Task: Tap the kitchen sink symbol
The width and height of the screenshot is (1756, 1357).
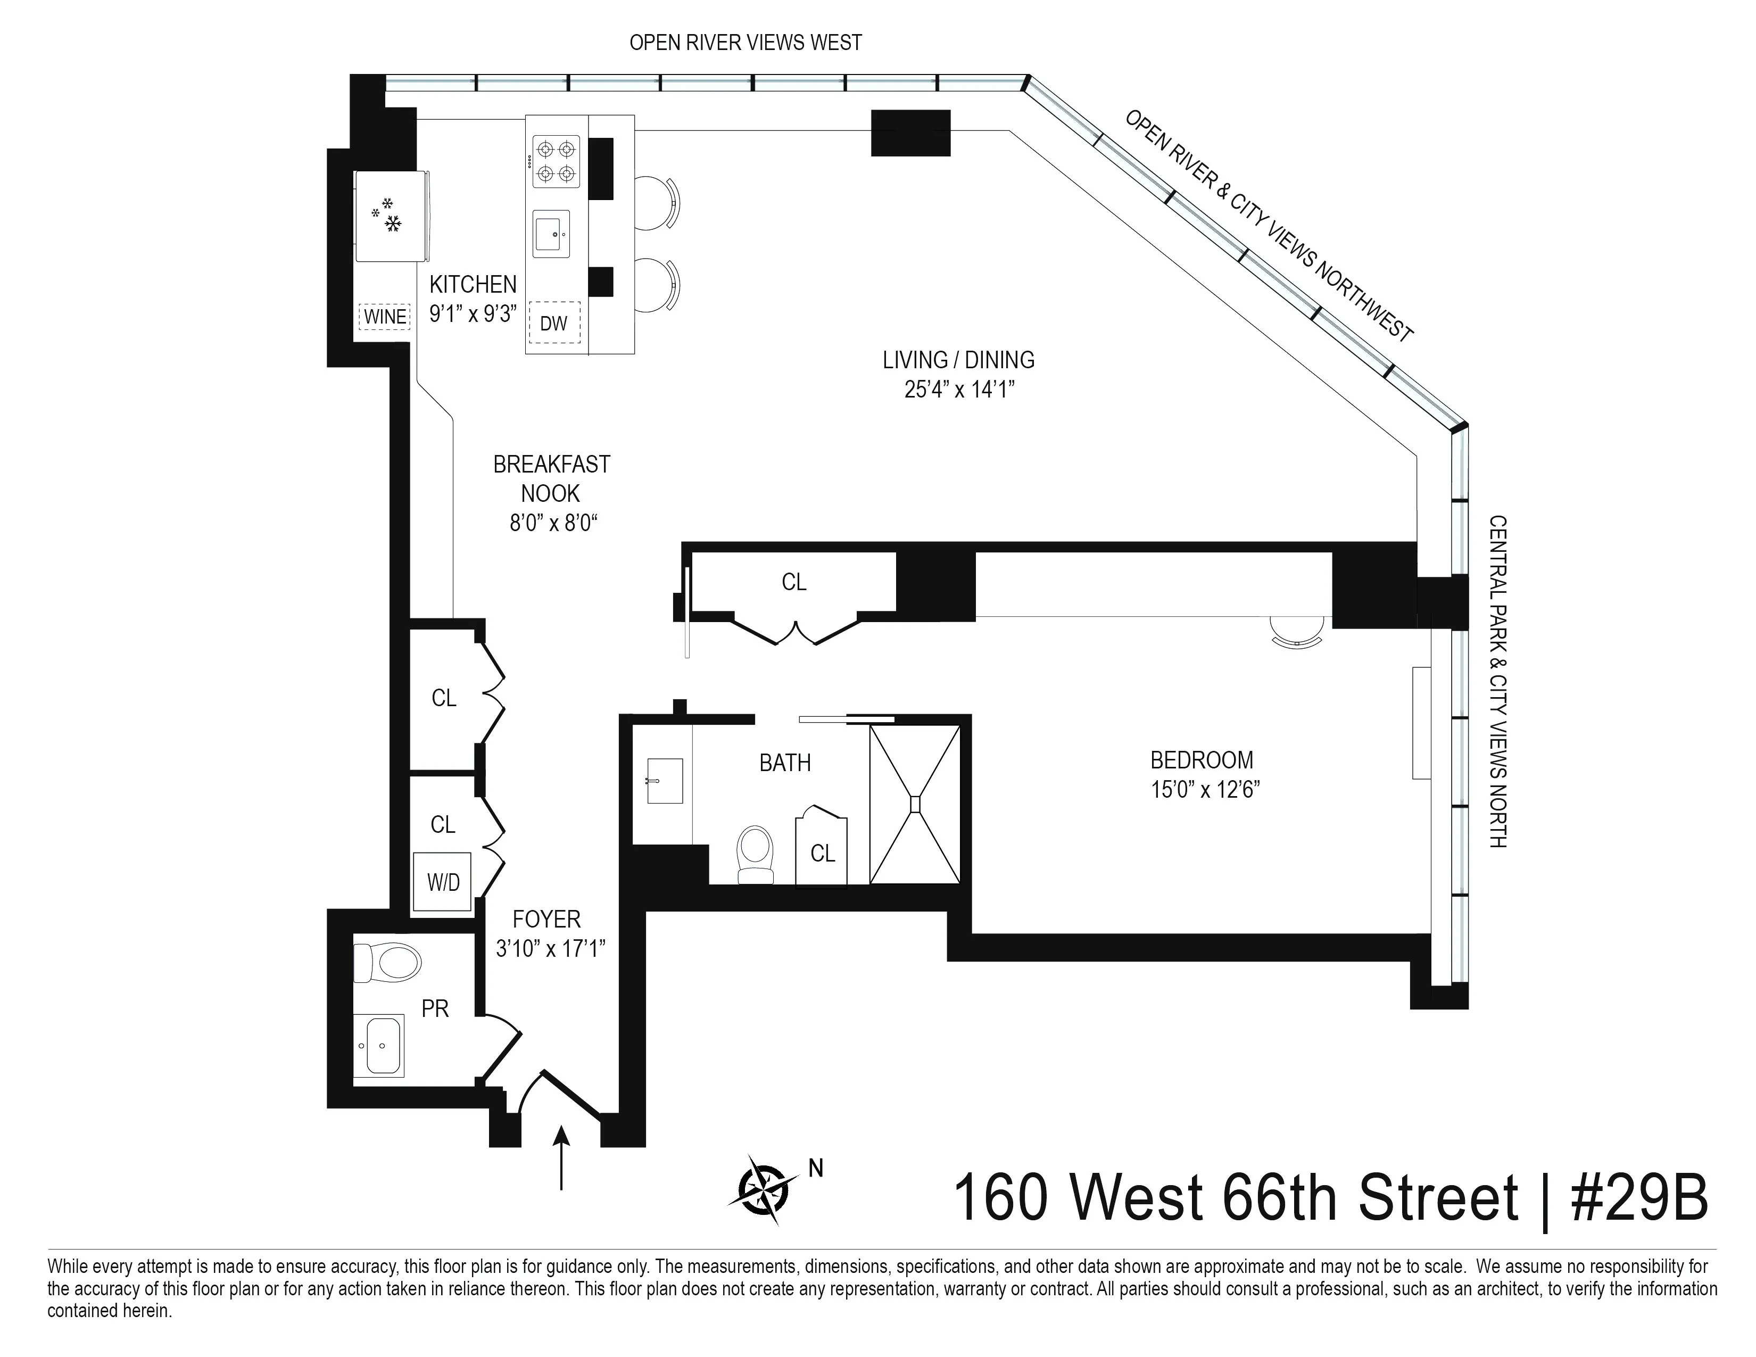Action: [551, 234]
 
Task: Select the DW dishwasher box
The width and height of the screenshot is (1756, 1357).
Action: [553, 323]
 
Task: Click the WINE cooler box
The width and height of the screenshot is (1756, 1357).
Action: [384, 317]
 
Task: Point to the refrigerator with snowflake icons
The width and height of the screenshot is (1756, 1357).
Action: [390, 216]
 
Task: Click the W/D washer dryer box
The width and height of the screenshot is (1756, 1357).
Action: [442, 882]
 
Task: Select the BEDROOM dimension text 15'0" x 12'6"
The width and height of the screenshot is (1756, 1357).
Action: [1204, 789]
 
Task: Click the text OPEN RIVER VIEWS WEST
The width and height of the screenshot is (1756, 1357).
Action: [746, 43]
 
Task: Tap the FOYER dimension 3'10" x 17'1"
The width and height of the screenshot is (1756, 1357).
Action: [551, 949]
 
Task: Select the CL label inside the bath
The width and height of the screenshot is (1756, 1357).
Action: [823, 853]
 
